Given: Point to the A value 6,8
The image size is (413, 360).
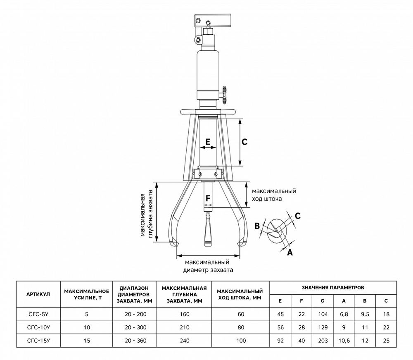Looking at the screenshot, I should (344, 314).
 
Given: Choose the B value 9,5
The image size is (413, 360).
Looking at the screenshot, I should (365, 314).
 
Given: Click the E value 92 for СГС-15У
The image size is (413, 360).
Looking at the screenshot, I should (280, 341).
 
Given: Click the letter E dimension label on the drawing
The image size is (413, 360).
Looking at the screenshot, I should (208, 141).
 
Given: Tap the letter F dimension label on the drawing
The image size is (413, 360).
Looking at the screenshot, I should (208, 199).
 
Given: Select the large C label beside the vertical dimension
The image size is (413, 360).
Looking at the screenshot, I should (244, 142).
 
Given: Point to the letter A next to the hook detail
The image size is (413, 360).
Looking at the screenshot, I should (290, 252).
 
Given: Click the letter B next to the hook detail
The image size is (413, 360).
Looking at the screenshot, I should (257, 226).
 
